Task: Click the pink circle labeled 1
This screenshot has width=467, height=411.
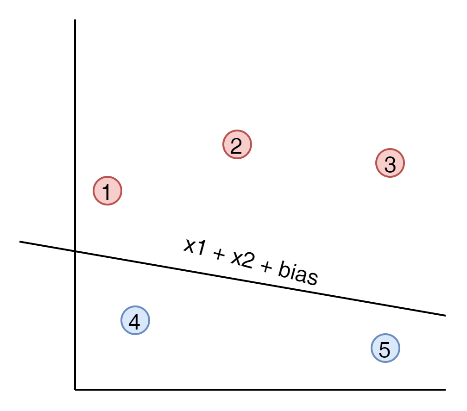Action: pyautogui.click(x=107, y=191)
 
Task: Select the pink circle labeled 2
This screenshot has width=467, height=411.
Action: pyautogui.click(x=237, y=144)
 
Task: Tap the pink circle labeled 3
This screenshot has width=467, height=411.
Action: pyautogui.click(x=390, y=163)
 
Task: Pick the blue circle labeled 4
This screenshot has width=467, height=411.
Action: pyautogui.click(x=135, y=320)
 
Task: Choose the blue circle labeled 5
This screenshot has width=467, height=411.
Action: pyautogui.click(x=385, y=348)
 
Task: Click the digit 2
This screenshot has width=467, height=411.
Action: pyautogui.click(x=236, y=146)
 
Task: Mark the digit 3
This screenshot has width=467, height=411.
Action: pyautogui.click(x=390, y=165)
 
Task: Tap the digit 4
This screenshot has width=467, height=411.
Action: pyautogui.click(x=134, y=322)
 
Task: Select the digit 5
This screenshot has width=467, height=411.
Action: pyautogui.click(x=385, y=350)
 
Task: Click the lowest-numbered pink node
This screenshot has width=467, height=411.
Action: pyautogui.click(x=107, y=191)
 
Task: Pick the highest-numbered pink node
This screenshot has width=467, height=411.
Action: pyautogui.click(x=390, y=163)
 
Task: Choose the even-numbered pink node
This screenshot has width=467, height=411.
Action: pyautogui.click(x=237, y=144)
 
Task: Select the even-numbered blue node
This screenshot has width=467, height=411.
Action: pyautogui.click(x=135, y=320)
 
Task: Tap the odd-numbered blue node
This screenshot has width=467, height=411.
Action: pyautogui.click(x=385, y=348)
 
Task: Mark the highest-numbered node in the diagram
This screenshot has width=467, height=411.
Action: pyautogui.click(x=385, y=348)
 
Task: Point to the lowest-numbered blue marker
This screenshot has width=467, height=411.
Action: pyautogui.click(x=135, y=320)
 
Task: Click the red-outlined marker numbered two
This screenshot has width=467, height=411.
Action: pyautogui.click(x=237, y=144)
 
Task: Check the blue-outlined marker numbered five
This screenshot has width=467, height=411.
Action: pyautogui.click(x=385, y=348)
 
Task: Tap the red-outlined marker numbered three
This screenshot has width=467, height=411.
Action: pyautogui.click(x=390, y=163)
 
